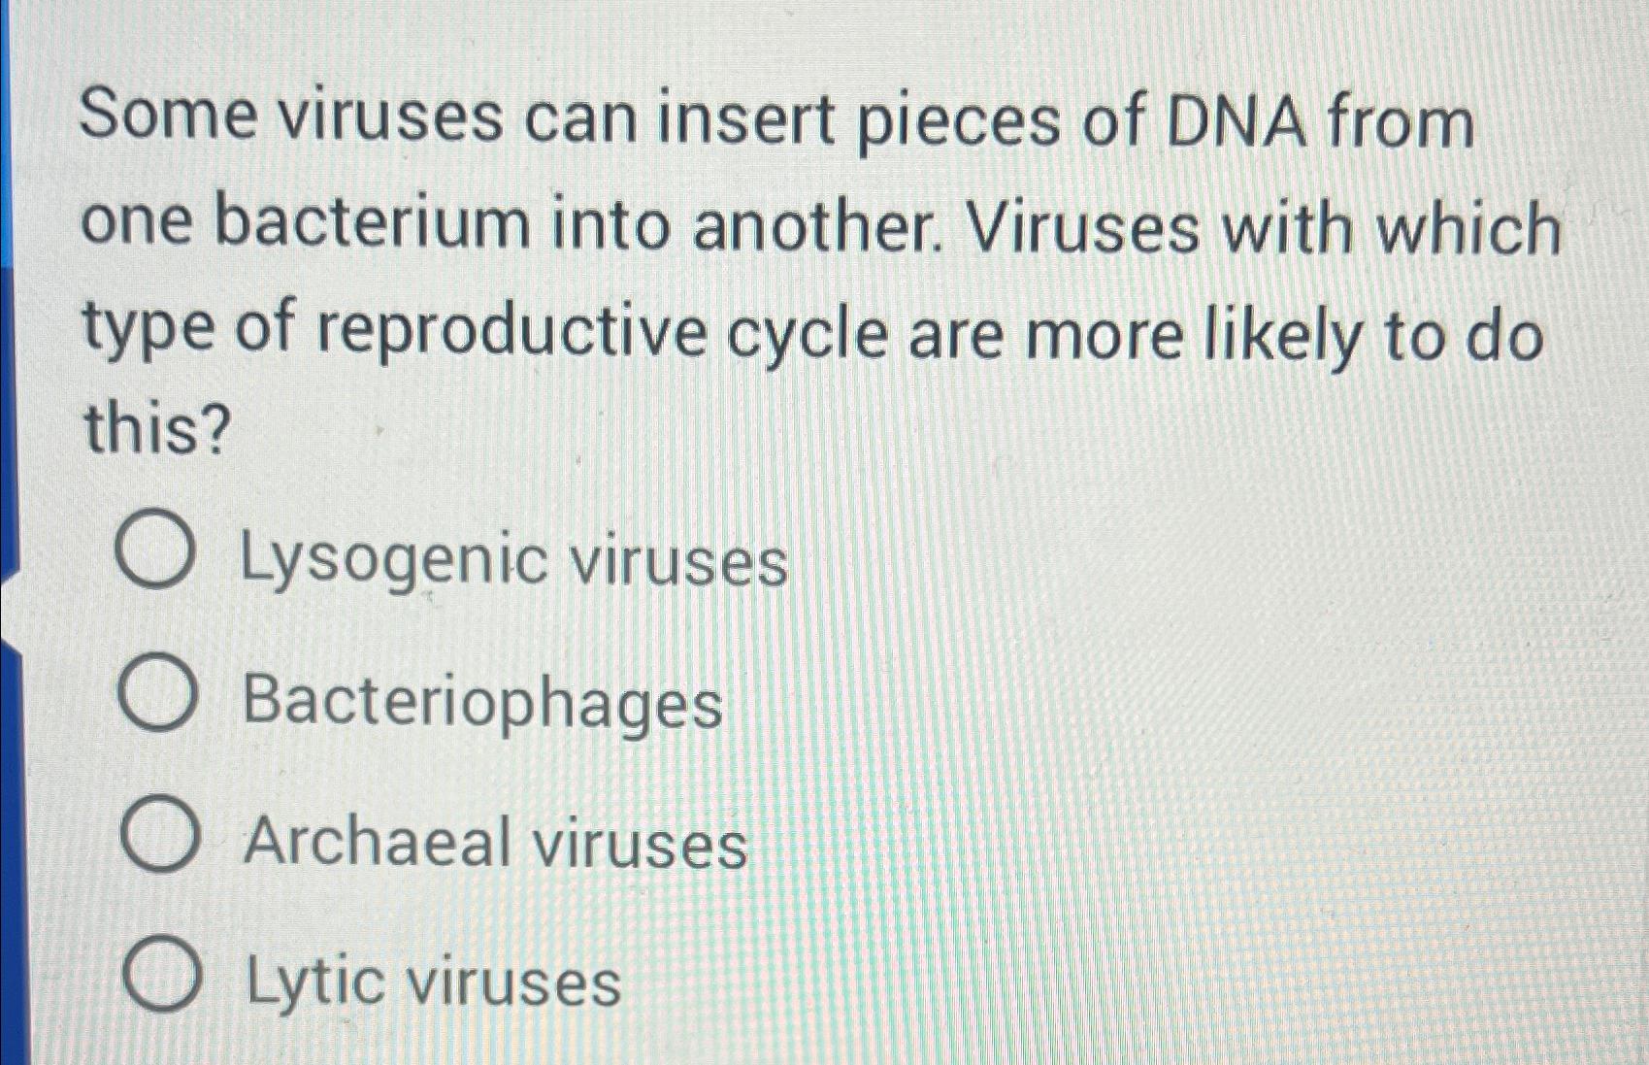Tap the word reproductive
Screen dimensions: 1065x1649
[x=512, y=332]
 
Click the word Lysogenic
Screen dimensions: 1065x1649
[x=393, y=561]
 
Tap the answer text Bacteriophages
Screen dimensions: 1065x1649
[x=482, y=701]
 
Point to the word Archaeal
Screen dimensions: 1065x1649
[x=378, y=841]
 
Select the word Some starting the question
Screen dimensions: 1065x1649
[x=168, y=116]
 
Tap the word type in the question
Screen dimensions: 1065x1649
[x=148, y=330]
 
